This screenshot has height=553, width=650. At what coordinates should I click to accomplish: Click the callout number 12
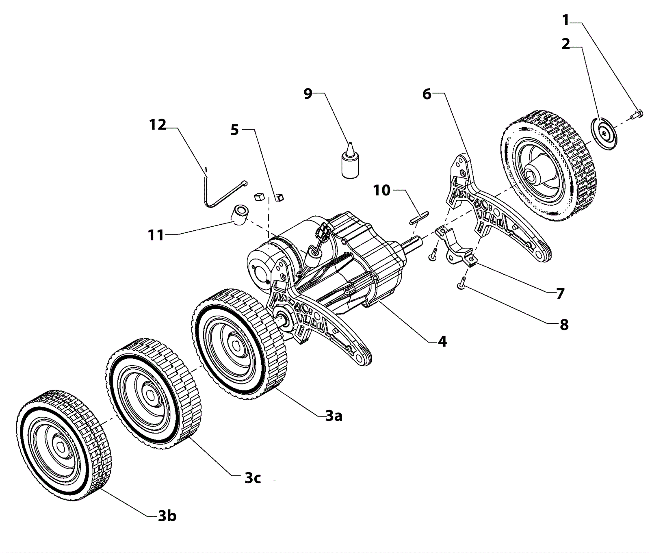pyautogui.click(x=158, y=125)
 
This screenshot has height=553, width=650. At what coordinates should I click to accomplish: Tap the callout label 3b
pyautogui.click(x=167, y=516)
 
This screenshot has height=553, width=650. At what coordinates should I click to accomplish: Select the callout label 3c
pyautogui.click(x=252, y=478)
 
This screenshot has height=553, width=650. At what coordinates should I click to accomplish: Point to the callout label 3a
pyautogui.click(x=334, y=416)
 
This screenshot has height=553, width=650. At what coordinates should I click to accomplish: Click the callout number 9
pyautogui.click(x=308, y=94)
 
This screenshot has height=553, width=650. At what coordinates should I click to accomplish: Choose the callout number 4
pyautogui.click(x=442, y=341)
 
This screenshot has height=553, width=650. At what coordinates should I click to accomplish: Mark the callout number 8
pyautogui.click(x=564, y=325)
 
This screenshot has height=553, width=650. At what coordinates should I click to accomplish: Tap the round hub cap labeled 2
pyautogui.click(x=603, y=134)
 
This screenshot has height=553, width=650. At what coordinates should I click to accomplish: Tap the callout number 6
pyautogui.click(x=427, y=94)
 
